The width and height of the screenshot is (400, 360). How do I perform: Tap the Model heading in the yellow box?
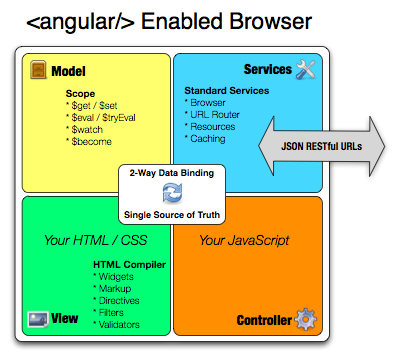coord(68,72)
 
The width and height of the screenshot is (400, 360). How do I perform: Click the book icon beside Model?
coord(37,71)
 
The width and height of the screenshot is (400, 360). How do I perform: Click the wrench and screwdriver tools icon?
coord(306,69)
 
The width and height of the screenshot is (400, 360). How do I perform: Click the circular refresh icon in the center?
coord(172,194)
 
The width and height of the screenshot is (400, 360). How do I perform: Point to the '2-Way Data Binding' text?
coord(172,174)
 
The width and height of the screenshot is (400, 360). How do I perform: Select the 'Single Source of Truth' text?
coord(172,215)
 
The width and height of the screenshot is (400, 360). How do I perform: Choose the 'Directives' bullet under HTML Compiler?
coord(119,299)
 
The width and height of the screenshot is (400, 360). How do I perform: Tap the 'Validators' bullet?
coord(119,325)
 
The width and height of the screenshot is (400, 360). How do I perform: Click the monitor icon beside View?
coord(37,321)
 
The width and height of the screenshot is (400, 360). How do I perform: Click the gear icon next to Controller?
coord(306,321)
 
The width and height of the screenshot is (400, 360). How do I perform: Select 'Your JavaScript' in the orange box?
coord(244,240)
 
